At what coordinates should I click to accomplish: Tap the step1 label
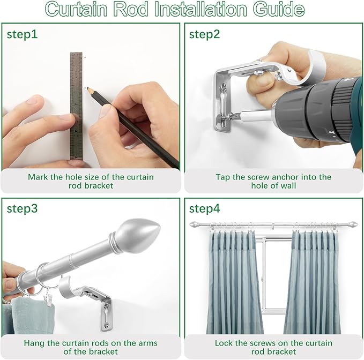click(23, 35)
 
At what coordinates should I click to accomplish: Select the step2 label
click(204, 35)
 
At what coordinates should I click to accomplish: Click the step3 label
click(23, 209)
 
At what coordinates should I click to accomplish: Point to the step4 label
click(205, 209)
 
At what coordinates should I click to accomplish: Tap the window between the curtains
click(272, 279)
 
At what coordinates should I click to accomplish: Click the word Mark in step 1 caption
click(38, 177)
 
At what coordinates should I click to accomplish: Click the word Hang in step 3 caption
click(34, 343)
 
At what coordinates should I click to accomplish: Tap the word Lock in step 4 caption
click(224, 343)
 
